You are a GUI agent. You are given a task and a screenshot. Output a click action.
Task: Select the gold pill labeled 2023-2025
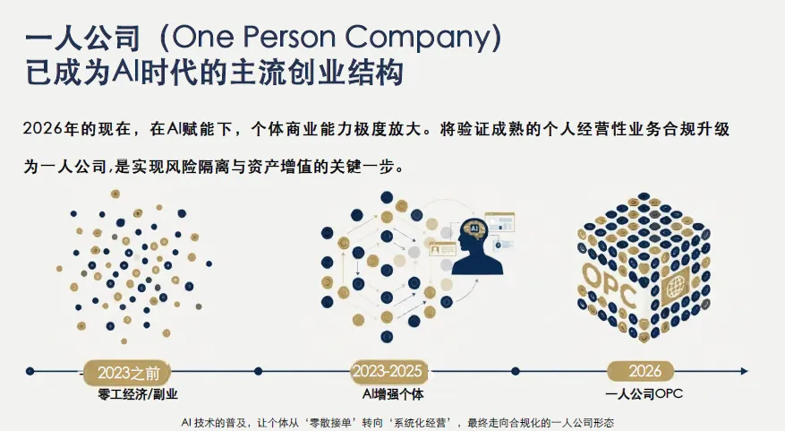click(388, 370)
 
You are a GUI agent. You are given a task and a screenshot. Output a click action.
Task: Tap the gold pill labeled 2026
click(645, 370)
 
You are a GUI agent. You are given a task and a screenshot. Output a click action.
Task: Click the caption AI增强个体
click(388, 393)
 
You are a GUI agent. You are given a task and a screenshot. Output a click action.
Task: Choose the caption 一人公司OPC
click(644, 393)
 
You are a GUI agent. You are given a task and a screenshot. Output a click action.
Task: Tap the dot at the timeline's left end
click(30, 370)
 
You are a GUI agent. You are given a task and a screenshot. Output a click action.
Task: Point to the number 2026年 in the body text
click(55, 129)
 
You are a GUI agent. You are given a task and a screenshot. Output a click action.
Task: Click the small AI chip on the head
click(473, 229)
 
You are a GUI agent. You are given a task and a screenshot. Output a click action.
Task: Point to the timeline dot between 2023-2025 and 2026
click(516, 370)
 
